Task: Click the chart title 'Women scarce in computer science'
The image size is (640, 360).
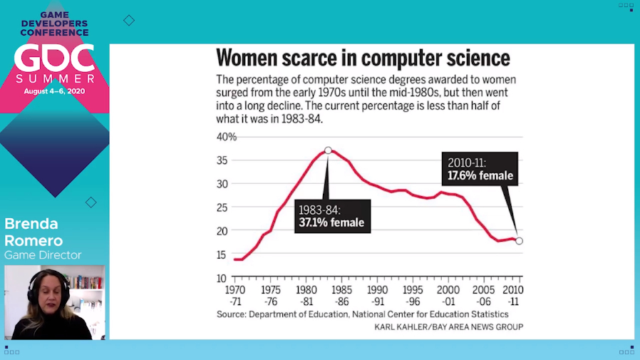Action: click(363, 58)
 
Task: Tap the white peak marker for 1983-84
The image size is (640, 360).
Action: click(328, 150)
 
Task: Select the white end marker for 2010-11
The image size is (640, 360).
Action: click(519, 241)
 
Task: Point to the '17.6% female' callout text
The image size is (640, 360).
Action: click(480, 175)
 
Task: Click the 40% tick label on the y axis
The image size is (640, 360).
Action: click(227, 136)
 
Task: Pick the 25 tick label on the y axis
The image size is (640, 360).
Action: click(222, 207)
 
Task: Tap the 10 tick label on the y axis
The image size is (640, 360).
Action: click(222, 278)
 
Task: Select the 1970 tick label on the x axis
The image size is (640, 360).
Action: click(234, 290)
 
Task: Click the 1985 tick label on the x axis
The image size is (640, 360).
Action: click(341, 290)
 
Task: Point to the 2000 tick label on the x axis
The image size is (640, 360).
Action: click(448, 290)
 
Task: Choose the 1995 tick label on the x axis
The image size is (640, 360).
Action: click(413, 290)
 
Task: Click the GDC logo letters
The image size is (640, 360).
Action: click(54, 58)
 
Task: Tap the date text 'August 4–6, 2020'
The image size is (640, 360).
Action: click(54, 91)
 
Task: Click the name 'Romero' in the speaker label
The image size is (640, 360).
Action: click(33, 240)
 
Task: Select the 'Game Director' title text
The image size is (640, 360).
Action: click(43, 255)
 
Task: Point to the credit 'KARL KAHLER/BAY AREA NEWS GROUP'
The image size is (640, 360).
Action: click(448, 327)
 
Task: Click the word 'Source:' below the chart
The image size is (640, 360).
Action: click(232, 314)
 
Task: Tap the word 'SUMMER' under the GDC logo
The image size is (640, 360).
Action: click(54, 78)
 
